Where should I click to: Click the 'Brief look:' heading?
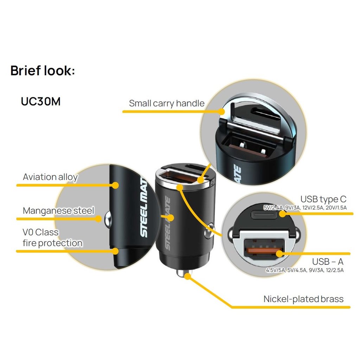43,70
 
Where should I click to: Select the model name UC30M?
41,101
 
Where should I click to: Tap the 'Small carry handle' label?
167,103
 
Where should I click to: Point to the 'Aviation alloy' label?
50,177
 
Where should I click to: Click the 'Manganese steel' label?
59,211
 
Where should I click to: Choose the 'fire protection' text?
53,243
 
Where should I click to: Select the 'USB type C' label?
323,199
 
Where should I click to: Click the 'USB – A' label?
328,262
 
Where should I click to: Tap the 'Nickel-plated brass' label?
303,299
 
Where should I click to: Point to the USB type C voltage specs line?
305,208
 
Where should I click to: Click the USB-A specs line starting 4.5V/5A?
305,270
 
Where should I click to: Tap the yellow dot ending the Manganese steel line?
98,219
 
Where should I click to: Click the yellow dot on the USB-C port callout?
283,214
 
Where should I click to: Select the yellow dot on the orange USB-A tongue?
279,254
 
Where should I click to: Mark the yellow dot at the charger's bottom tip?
188,276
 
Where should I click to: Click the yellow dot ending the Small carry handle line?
221,111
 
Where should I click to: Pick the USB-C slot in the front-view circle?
264,215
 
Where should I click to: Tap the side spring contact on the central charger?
209,231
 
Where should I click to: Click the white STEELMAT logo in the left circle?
144,207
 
